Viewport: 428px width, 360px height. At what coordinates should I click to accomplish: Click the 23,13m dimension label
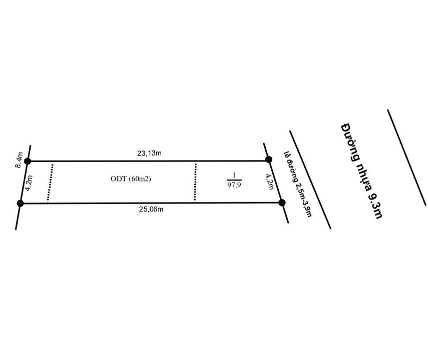pyautogui.click(x=149, y=153)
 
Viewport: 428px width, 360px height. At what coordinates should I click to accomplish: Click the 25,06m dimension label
pyautogui.click(x=151, y=209)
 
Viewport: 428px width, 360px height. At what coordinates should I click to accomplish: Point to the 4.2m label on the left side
pyautogui.click(x=30, y=183)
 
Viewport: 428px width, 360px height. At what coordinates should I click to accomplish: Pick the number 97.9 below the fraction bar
pyautogui.click(x=233, y=184)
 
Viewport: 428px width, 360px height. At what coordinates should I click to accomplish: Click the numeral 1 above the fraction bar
pyautogui.click(x=233, y=175)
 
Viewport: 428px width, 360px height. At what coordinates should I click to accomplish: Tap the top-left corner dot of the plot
pyautogui.click(x=28, y=161)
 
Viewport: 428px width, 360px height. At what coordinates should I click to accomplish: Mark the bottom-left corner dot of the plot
pyautogui.click(x=21, y=203)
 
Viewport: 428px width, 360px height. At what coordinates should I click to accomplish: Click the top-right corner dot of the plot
pyautogui.click(x=269, y=159)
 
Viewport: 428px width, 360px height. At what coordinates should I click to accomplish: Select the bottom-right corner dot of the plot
pyautogui.click(x=282, y=202)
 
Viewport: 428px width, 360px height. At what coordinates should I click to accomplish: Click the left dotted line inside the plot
pyautogui.click(x=50, y=181)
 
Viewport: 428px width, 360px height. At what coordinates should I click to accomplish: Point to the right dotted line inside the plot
pyautogui.click(x=195, y=181)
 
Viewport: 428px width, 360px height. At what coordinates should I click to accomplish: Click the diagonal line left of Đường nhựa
pyautogui.click(x=310, y=180)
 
